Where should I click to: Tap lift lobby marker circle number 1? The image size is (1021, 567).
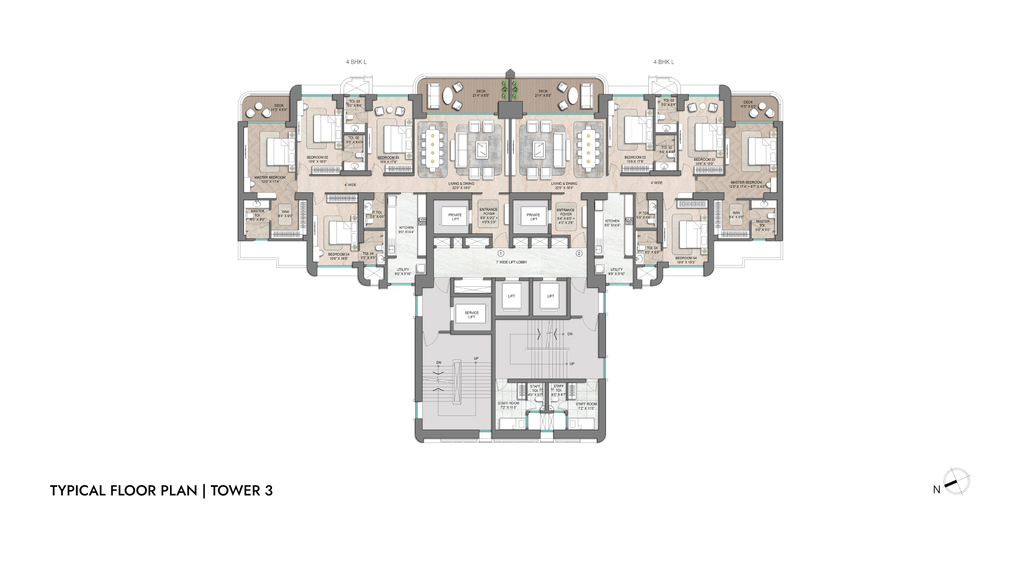[x=501, y=254]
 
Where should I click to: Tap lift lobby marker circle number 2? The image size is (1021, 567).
[x=579, y=254]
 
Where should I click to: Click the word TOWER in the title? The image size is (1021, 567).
[x=235, y=490]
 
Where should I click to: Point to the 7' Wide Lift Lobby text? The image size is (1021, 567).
[x=511, y=262]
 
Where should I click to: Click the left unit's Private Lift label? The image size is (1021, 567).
[x=455, y=217]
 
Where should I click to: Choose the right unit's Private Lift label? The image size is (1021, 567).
[x=533, y=217]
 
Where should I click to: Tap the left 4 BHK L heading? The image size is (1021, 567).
[x=356, y=62]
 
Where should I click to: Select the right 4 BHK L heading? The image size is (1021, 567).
[x=664, y=62]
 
